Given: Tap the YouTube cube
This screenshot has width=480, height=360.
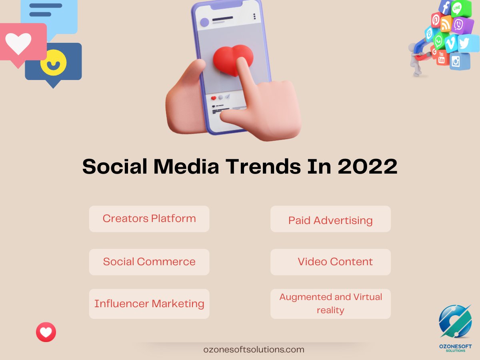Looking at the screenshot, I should pyautogui.click(x=442, y=58).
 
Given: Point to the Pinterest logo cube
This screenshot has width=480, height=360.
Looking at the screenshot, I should pyautogui.click(x=436, y=20).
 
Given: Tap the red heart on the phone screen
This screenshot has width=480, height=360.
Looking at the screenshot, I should pyautogui.click(x=233, y=60).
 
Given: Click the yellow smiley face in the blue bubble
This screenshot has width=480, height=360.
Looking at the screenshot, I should pyautogui.click(x=54, y=62).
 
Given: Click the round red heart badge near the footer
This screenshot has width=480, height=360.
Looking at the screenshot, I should pyautogui.click(x=46, y=332).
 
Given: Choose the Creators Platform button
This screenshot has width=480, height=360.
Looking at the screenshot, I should pyautogui.click(x=149, y=219).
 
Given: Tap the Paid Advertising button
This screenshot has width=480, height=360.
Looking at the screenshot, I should pyautogui.click(x=330, y=220).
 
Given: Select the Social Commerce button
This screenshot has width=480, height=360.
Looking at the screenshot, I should pyautogui.click(x=149, y=262).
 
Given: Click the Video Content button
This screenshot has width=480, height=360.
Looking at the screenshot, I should pyautogui.click(x=330, y=262).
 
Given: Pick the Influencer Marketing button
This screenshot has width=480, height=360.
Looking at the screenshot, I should pyautogui.click(x=149, y=304).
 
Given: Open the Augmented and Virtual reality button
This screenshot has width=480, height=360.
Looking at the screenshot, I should pyautogui.click(x=330, y=304).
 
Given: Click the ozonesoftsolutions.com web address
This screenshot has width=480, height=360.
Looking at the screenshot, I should pyautogui.click(x=254, y=349).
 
